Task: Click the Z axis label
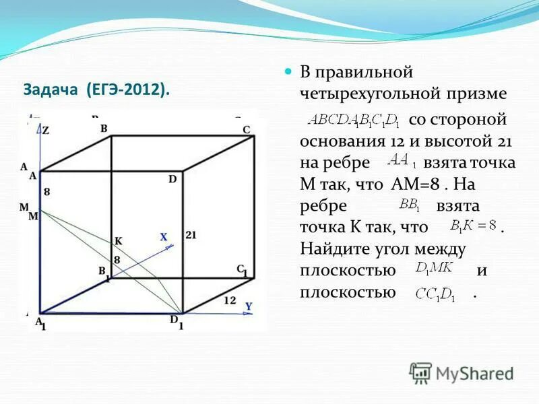pyautogui.click(x=45, y=131)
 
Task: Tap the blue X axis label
pyautogui.click(x=163, y=237)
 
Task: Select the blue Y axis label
pyautogui.click(x=249, y=306)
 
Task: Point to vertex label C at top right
pyautogui.click(x=247, y=130)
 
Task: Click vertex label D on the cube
pyautogui.click(x=172, y=179)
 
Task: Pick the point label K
pyautogui.click(x=119, y=241)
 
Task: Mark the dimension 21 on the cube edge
pyautogui.click(x=190, y=235)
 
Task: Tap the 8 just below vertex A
pyautogui.click(x=46, y=192)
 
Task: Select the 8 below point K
pyautogui.click(x=117, y=259)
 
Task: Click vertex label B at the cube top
pyautogui.click(x=104, y=128)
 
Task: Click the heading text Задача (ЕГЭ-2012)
pyautogui.click(x=96, y=90)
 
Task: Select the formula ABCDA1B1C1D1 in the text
pyautogui.click(x=354, y=121)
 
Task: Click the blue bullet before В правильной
pyautogui.click(x=288, y=71)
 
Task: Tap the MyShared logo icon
pyautogui.click(x=420, y=372)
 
